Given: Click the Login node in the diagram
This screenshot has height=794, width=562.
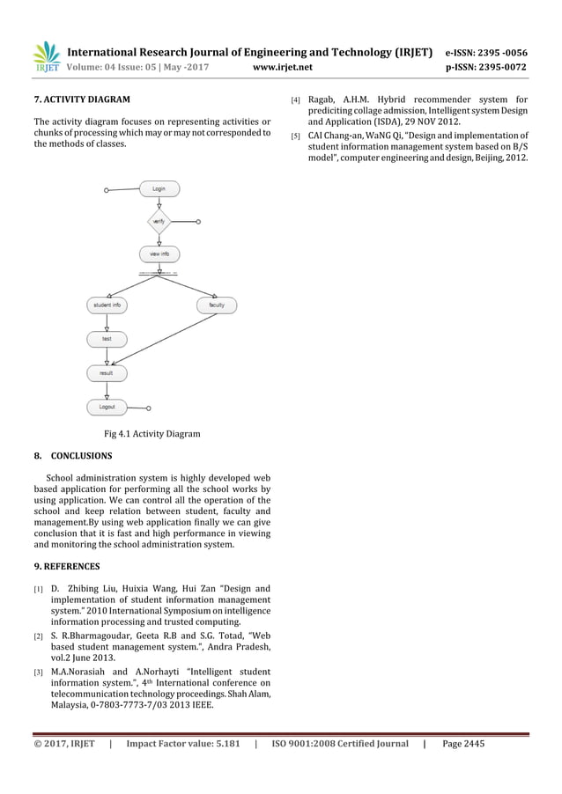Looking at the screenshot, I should point(159,188).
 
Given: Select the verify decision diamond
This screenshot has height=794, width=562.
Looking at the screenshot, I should point(159,222).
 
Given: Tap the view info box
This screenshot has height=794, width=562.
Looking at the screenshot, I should point(159,254).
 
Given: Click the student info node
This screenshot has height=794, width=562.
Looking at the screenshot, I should point(107,305).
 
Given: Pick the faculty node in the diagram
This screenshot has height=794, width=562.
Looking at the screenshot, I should point(216,305).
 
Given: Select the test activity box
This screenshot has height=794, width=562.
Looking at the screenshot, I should point(107,339).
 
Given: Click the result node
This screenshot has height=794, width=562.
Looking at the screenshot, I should point(107,373).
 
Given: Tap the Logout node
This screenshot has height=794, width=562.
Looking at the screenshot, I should point(107,407).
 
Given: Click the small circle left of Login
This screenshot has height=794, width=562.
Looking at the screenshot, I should point(106,189).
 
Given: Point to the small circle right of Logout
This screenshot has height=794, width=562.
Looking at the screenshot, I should point(148,408).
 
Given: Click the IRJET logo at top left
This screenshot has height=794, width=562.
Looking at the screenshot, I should point(47,56).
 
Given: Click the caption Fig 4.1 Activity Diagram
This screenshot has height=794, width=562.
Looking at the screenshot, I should point(152,433).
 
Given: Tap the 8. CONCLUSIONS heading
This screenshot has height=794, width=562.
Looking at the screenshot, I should point(73,456).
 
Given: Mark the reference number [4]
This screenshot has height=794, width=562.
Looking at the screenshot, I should point(296,100).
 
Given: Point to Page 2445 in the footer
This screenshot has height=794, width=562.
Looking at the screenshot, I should point(463,744).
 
